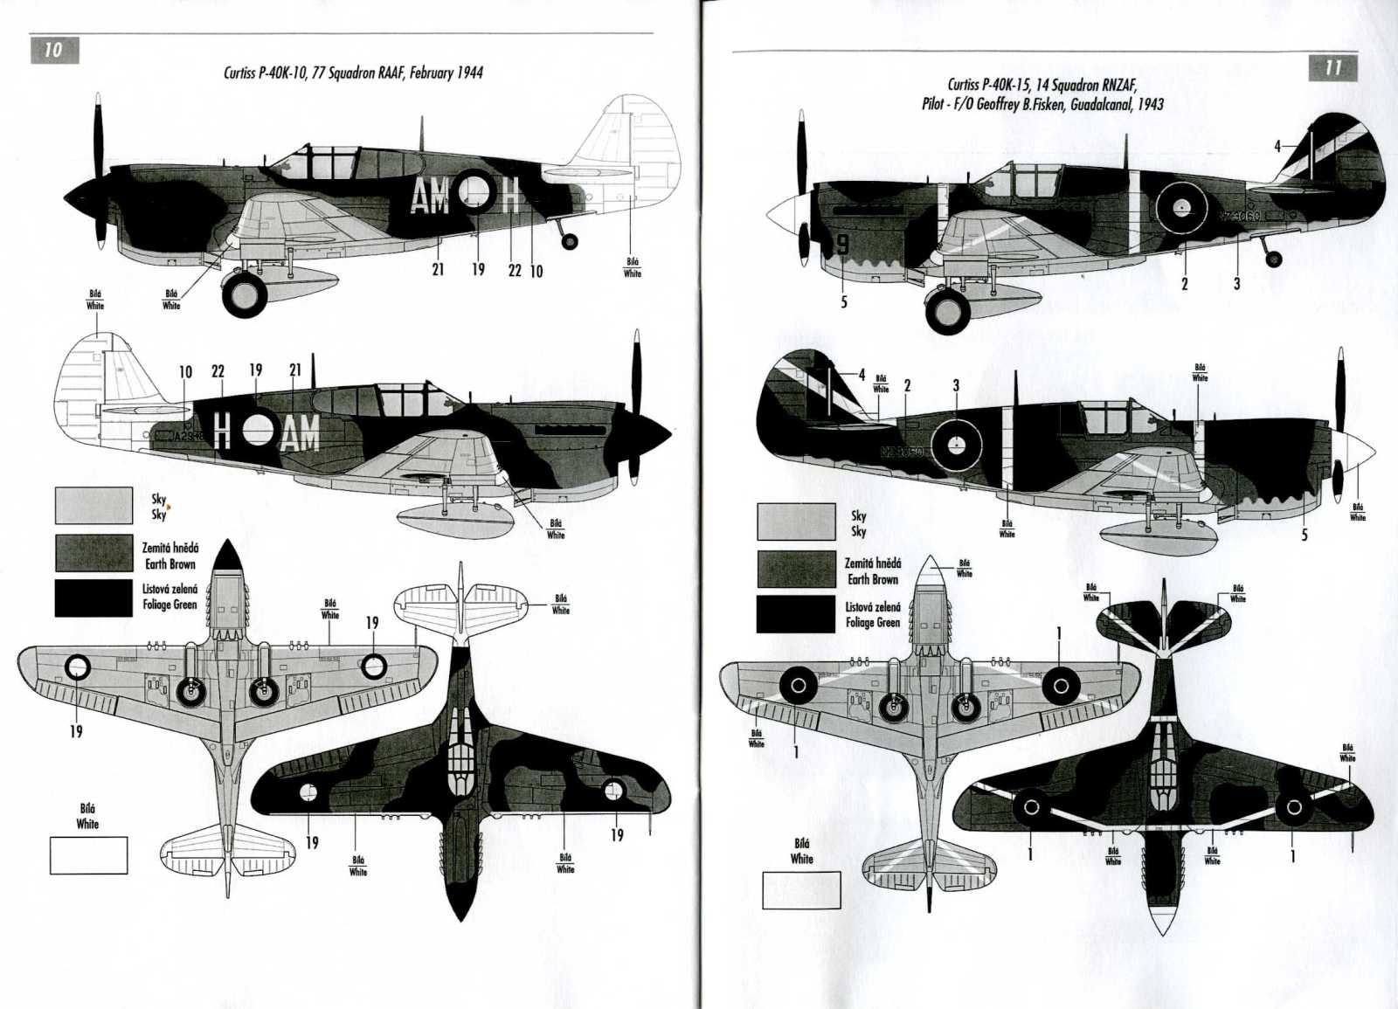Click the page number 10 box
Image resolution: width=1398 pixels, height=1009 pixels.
54,50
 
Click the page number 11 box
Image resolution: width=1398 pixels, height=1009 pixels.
1332,68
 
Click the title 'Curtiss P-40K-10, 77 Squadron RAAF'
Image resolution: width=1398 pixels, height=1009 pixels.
353,73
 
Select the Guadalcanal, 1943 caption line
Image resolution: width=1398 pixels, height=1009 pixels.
1042,103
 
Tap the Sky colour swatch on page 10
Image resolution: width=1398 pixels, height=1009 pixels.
93,506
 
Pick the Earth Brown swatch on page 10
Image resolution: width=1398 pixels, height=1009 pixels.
93,553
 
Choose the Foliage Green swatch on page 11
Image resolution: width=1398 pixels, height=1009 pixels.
795,614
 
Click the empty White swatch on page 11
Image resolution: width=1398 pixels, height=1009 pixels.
801,890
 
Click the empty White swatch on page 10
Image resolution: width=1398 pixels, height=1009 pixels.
88,855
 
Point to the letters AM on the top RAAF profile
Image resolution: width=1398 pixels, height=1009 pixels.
430,198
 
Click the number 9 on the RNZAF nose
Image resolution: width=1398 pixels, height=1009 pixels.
842,245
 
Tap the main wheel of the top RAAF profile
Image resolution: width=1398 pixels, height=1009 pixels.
246,294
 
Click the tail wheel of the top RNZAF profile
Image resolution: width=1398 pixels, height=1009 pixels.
1274,259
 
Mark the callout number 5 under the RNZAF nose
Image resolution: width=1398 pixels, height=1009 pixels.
844,302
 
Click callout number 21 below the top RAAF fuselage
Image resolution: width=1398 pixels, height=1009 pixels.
438,270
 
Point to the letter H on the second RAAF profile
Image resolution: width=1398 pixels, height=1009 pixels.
222,431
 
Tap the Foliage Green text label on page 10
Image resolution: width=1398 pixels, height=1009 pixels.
170,597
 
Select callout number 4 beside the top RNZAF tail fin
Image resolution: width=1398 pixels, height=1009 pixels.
1277,146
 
